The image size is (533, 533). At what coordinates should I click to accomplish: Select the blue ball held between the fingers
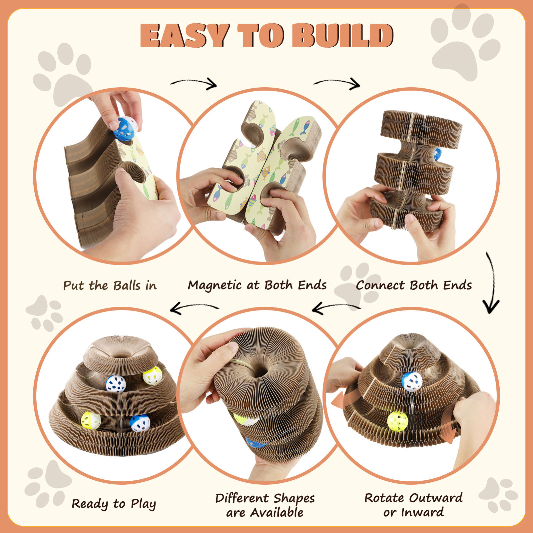pyautogui.click(x=125, y=129)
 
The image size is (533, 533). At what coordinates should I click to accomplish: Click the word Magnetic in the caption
pyautogui.click(x=215, y=285)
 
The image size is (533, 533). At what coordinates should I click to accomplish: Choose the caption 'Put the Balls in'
pyautogui.click(x=110, y=285)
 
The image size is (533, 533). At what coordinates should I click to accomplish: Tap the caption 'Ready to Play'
pyautogui.click(x=114, y=504)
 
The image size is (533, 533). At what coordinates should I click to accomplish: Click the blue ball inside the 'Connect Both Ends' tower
pyautogui.click(x=437, y=154)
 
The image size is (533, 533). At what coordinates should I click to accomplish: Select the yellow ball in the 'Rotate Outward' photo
pyautogui.click(x=397, y=421)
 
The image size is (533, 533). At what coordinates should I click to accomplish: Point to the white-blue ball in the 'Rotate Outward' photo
pyautogui.click(x=412, y=381)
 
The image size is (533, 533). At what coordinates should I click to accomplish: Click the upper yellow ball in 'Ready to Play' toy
pyautogui.click(x=153, y=375)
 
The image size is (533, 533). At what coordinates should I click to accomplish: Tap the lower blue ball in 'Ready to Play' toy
pyautogui.click(x=140, y=423)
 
